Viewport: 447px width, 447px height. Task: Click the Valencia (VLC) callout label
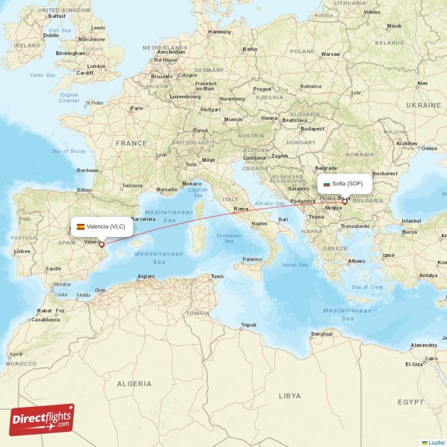[x=102, y=226]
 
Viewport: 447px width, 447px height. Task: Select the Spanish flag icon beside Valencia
[x=81, y=226]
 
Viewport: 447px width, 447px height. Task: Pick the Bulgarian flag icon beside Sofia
[x=327, y=183]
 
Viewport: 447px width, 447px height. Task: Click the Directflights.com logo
[x=42, y=420]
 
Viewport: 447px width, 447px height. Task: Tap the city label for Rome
[x=241, y=209]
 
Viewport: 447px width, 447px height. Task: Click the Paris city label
[x=136, y=108]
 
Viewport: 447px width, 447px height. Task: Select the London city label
[x=96, y=66]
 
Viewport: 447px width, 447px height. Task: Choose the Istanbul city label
[x=411, y=221]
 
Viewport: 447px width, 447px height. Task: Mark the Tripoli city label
[x=248, y=325]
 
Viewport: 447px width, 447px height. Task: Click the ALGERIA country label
[x=134, y=384]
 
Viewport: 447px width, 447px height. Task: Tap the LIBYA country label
[x=289, y=396]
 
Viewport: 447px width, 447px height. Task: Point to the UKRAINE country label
[x=423, y=105]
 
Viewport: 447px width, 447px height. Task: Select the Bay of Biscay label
[x=69, y=151]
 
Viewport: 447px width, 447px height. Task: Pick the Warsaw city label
[x=331, y=54]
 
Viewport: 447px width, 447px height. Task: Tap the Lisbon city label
[x=22, y=251]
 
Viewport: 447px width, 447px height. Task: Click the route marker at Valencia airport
[x=102, y=244]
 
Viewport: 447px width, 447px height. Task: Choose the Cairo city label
[x=431, y=358]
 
